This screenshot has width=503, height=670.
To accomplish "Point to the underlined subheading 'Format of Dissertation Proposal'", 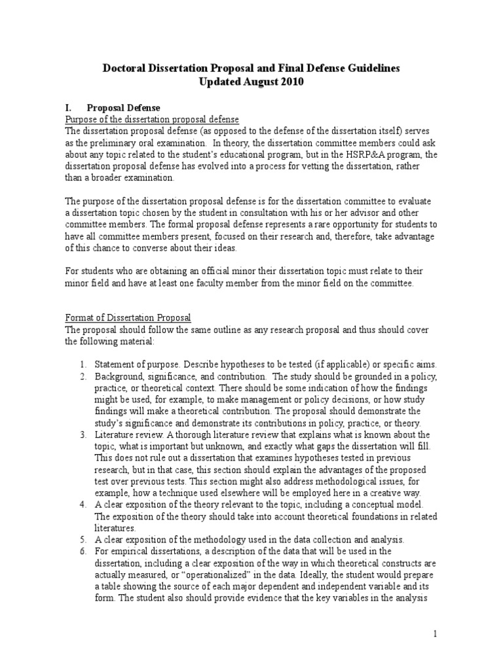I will [127, 317].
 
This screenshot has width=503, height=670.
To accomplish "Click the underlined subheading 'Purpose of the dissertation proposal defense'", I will [151, 118].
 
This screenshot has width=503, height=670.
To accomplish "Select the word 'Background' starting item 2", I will [120, 376].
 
